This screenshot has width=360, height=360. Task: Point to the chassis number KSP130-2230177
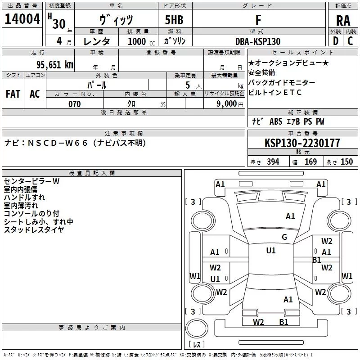[x=302, y=143]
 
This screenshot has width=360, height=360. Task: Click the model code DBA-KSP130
[x=257, y=41]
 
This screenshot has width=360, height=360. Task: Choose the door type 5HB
[x=174, y=20]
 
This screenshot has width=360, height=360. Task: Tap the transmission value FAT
[x=13, y=94]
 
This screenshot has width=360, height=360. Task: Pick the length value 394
[x=273, y=162]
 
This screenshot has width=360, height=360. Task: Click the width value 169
[x=310, y=162]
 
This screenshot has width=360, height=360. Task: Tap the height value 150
[x=346, y=162]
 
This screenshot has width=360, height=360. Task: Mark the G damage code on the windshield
[x=284, y=237]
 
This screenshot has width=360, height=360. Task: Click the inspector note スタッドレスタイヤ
[x=34, y=230]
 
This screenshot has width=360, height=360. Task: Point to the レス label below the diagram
[x=197, y=345]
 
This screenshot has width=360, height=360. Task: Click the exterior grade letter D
[x=335, y=41]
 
